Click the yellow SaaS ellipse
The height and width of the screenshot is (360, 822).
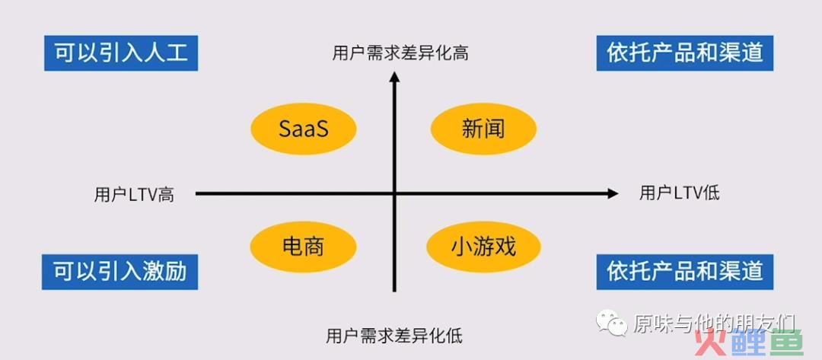304,129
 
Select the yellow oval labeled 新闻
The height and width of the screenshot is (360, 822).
483,129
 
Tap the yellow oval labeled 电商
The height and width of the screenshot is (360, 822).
303,247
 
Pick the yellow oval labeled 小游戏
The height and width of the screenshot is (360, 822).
483,247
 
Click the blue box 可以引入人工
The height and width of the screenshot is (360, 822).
121,53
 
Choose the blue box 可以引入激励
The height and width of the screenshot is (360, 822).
120,272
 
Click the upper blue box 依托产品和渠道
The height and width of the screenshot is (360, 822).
685,53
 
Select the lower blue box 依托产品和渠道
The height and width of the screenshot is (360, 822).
685,272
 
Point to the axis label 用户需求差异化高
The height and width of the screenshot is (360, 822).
400,53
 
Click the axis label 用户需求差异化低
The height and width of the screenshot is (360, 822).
394,336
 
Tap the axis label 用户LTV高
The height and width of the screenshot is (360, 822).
134,195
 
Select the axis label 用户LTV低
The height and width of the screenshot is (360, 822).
680,193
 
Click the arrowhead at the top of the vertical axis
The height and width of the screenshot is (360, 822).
395,77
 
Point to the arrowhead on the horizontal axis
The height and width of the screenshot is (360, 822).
613,194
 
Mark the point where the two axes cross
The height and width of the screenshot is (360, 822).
395,194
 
